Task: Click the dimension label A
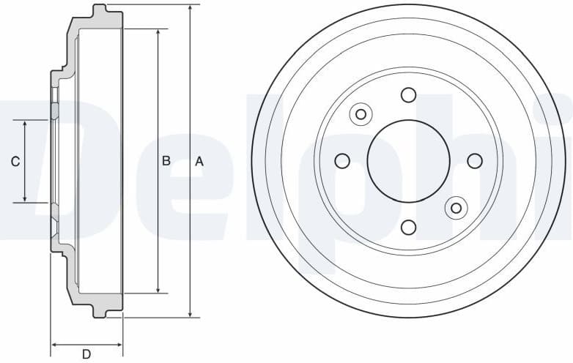[199, 162]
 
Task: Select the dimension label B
[166, 161]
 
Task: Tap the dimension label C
[15, 162]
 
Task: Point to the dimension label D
[86, 354]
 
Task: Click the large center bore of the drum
[408, 161]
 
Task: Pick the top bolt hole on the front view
[408, 94]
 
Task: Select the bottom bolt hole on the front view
[408, 228]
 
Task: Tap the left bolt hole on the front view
[341, 161]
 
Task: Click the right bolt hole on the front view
[475, 161]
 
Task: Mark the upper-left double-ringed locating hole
[361, 114]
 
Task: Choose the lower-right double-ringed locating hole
[456, 208]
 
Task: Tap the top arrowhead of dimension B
[158, 34]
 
